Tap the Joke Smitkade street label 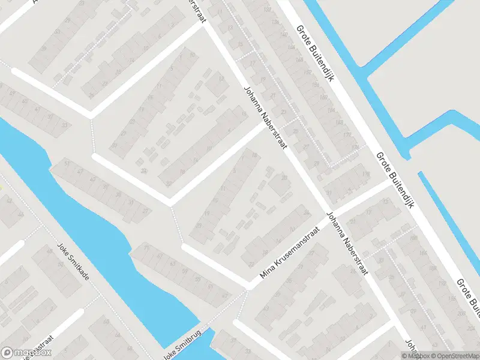tap(76, 265)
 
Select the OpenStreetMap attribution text tap(454, 356)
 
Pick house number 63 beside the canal tap(174, 263)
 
